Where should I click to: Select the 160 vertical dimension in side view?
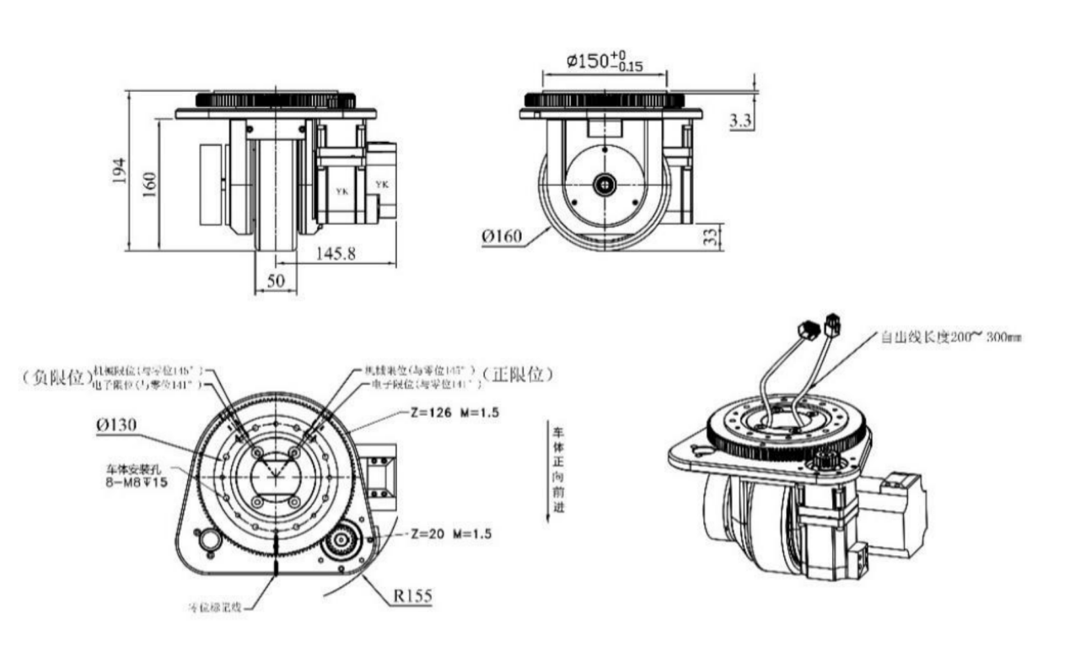point(149,185)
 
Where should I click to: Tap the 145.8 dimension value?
point(335,253)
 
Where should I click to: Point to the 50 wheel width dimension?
point(275,282)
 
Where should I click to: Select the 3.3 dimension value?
point(740,121)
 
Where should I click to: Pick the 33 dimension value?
point(712,235)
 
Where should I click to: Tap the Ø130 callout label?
point(117,425)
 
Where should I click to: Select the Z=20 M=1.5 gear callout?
point(451,534)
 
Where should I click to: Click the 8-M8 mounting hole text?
point(134,477)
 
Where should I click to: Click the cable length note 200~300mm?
point(951,337)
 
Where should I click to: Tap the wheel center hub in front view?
point(604,184)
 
